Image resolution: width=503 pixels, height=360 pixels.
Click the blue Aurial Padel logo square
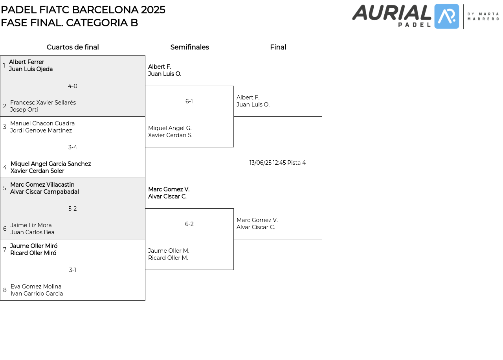point(446,17)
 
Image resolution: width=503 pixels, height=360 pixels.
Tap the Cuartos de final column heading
point(73,47)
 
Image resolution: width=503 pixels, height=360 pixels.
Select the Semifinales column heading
point(189,47)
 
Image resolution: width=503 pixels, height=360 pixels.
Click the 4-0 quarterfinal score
point(73,86)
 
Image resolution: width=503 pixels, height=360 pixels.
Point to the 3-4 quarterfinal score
point(73,147)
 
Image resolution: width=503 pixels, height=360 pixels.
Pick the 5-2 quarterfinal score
point(73,209)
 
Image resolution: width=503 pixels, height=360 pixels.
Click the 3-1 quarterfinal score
point(73,270)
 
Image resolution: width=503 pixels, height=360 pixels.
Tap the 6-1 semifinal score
point(189,101)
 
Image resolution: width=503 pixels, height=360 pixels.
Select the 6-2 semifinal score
point(189,224)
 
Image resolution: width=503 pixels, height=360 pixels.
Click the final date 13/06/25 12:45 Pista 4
point(277,163)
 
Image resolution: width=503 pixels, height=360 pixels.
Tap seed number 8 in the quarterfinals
point(5,290)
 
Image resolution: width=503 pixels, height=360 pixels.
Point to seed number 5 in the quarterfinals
point(5,188)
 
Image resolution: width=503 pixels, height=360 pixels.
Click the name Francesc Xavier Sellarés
point(43,103)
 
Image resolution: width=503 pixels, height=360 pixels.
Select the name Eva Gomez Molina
point(36,287)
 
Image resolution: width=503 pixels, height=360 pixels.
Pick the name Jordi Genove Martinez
point(41,130)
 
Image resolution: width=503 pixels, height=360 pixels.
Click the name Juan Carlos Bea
point(32,232)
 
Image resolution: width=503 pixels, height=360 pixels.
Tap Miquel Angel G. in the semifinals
point(170,128)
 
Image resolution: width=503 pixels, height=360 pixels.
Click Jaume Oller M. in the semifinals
point(169,251)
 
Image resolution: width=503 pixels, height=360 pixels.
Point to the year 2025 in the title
point(153,10)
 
